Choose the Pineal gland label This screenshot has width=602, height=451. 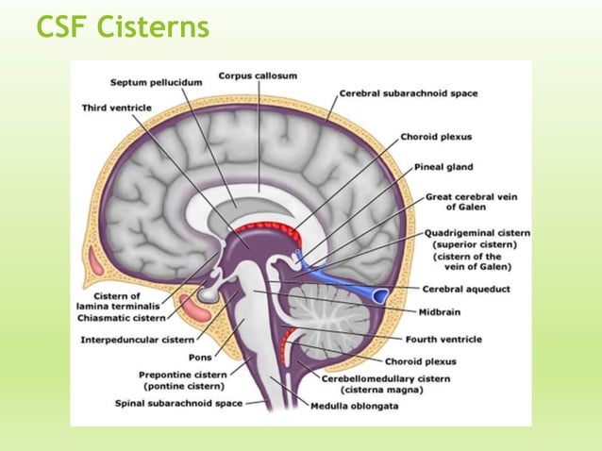coord(443,166)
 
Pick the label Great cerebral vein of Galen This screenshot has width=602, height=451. coord(466,202)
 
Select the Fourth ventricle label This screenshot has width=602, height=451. coord(443,339)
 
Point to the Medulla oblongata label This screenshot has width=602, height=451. coord(360,406)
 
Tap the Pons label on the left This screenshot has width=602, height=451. coord(201,358)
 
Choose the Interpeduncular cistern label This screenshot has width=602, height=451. coord(138,339)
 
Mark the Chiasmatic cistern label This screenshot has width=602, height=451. coord(119,317)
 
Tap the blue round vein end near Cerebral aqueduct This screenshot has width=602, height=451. coord(378,296)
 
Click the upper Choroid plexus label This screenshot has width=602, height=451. coord(436,137)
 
